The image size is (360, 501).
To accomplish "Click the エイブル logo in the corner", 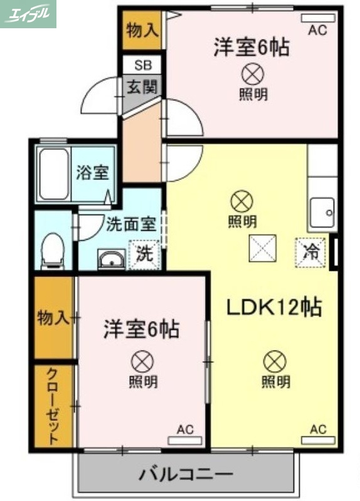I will (x=28, y=14).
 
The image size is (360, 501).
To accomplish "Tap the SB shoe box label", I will (x=142, y=65).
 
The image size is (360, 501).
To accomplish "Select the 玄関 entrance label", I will (x=142, y=87).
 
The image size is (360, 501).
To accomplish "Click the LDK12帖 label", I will (x=273, y=307).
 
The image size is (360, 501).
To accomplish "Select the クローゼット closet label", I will (x=53, y=406).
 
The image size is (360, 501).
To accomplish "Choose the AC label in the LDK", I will (x=318, y=430).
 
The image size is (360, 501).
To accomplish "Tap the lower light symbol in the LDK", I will (x=275, y=361).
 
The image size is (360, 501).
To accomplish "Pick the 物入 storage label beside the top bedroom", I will (x=142, y=29).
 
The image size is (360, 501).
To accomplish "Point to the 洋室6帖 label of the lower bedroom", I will (x=140, y=329).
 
